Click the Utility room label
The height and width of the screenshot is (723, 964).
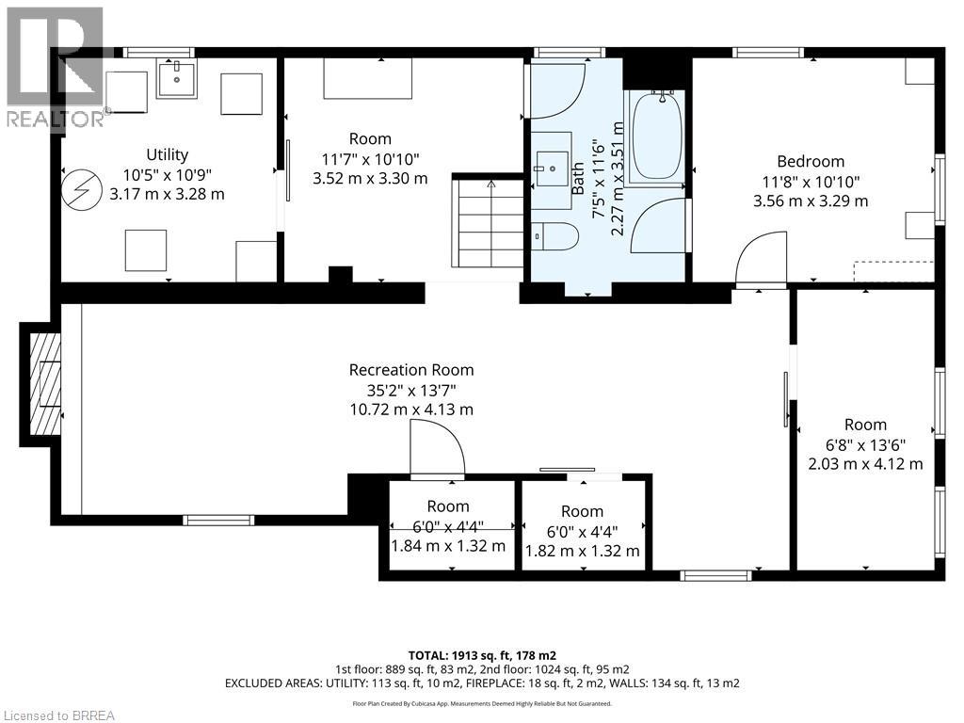[167, 154]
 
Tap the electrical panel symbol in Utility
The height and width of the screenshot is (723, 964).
[81, 188]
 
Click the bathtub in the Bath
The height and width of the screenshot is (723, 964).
[654, 137]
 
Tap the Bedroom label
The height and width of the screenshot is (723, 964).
[811, 161]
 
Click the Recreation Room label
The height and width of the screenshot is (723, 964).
[411, 369]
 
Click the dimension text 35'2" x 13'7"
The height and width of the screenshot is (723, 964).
[411, 390]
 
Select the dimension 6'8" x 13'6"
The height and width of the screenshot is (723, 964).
[865, 444]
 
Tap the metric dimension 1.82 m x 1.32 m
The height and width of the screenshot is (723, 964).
[582, 550]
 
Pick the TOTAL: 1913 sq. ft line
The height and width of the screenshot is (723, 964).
[482, 655]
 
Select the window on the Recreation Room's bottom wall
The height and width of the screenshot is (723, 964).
[218, 520]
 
